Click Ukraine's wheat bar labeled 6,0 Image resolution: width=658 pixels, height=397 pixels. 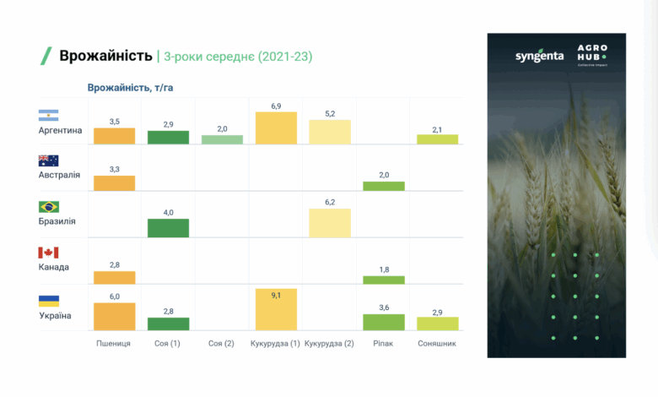pyautogui.click(x=115, y=316)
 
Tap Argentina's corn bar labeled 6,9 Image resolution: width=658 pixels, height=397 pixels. pyautogui.click(x=276, y=128)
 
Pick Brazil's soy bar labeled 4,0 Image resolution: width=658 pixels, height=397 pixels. pyautogui.click(x=168, y=228)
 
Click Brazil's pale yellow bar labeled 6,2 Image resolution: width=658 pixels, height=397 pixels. pyautogui.click(x=330, y=223)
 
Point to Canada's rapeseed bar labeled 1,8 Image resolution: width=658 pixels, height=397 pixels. pyautogui.click(x=384, y=280)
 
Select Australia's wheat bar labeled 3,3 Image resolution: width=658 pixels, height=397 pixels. pyautogui.click(x=115, y=182)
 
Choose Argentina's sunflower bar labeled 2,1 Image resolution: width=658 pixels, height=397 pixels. pyautogui.click(x=437, y=139)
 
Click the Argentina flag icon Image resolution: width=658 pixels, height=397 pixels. pyautogui.click(x=48, y=116)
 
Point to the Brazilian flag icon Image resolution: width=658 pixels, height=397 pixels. pyautogui.click(x=48, y=207)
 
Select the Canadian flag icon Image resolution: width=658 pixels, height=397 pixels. pyautogui.click(x=48, y=253)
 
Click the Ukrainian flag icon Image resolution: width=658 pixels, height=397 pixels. pyautogui.click(x=48, y=300)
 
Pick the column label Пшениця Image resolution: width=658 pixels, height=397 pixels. pyautogui.click(x=114, y=344)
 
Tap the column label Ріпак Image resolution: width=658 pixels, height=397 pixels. pyautogui.click(x=383, y=344)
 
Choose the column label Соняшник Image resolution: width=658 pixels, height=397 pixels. pyautogui.click(x=437, y=344)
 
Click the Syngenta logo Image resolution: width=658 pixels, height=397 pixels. pyautogui.click(x=539, y=57)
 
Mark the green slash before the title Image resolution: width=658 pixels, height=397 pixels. pyautogui.click(x=46, y=57)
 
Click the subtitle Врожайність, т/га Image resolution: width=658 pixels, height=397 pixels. pyautogui.click(x=130, y=87)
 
